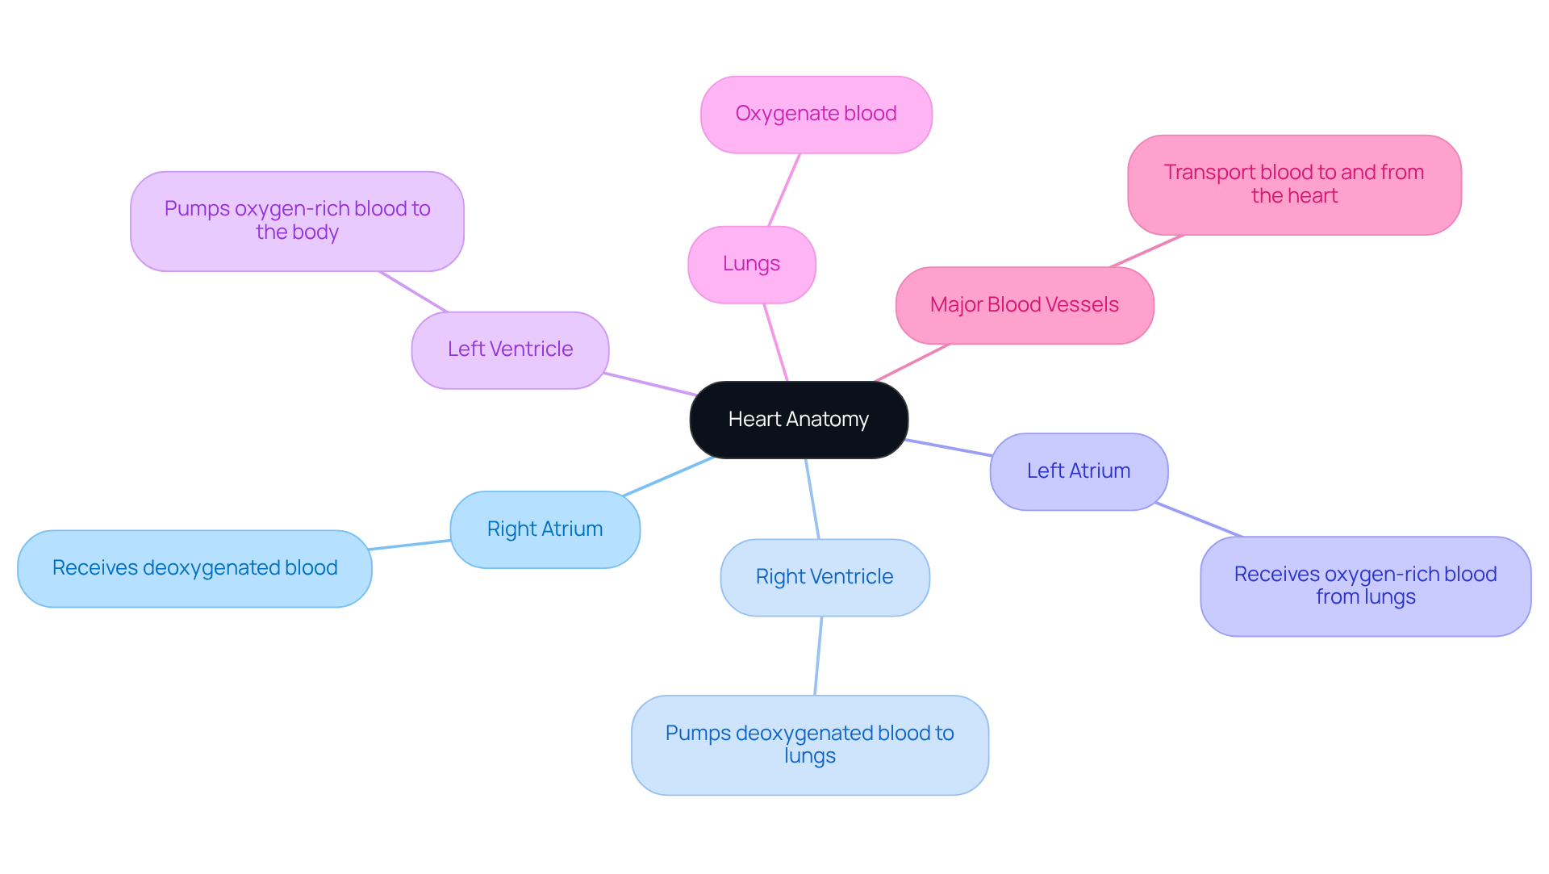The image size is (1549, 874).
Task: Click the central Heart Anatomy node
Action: point(799,420)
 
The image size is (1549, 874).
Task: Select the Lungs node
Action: point(751,264)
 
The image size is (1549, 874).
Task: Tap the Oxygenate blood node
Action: point(816,114)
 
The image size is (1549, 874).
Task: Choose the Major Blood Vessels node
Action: point(1024,305)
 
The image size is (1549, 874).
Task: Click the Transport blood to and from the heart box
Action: point(1293,184)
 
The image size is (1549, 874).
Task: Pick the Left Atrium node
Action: point(1078,471)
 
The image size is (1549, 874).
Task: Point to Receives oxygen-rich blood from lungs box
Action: point(1365,586)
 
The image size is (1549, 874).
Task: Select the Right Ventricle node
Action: point(824,577)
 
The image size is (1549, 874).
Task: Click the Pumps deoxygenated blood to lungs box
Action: point(809,745)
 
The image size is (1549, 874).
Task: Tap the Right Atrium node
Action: point(545,529)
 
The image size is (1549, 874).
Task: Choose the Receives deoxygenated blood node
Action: point(194,568)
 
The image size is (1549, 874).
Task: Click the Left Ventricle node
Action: point(510,349)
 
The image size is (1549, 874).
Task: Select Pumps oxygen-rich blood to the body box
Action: point(297,220)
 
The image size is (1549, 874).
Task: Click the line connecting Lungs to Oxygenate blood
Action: point(784,190)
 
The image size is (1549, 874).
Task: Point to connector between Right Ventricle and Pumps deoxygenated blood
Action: point(818,655)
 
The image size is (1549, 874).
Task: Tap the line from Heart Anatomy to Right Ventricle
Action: point(812,498)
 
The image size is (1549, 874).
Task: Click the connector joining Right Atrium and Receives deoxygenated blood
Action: point(410,545)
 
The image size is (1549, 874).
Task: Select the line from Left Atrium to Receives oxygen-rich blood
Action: point(1198,519)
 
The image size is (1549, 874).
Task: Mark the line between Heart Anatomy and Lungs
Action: point(775,342)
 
